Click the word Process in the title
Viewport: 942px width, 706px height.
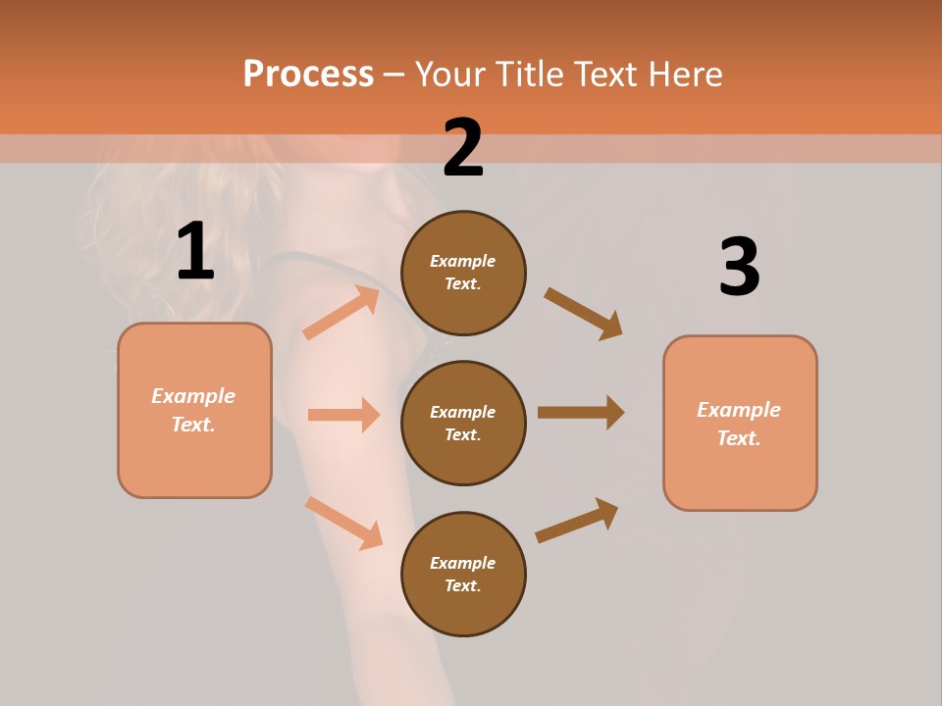point(308,74)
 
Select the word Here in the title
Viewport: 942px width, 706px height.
point(683,74)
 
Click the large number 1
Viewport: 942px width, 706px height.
point(195,252)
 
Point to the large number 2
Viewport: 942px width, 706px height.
point(463,148)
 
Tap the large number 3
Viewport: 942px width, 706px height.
point(739,268)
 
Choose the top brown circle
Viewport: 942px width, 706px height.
point(463,273)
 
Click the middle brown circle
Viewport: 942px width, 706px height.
point(463,423)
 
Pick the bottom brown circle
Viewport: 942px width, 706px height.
point(463,574)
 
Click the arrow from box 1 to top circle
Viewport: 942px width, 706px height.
point(341,313)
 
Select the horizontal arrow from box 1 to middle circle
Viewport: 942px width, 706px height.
point(343,415)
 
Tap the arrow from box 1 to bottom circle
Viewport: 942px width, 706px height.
point(343,523)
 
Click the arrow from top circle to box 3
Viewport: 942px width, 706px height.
point(583,313)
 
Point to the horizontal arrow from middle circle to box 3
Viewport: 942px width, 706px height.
point(580,413)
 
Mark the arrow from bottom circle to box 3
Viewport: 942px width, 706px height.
point(577,521)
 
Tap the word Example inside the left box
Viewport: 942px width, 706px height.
point(193,396)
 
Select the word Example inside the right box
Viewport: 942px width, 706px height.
point(739,410)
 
